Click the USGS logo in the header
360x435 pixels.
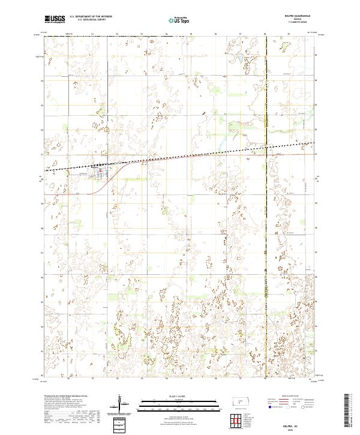point(55,20)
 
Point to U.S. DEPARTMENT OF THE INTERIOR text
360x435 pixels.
point(91,17)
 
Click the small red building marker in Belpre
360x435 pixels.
point(100,170)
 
